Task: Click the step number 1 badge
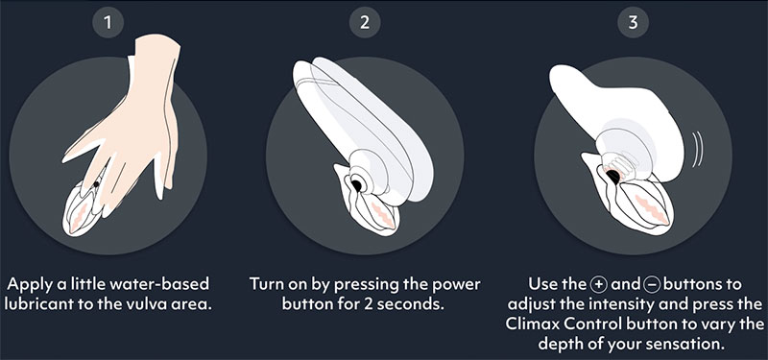[x=108, y=22]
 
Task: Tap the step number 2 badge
[x=365, y=22]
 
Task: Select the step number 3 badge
[x=633, y=22]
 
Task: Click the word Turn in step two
[x=268, y=284]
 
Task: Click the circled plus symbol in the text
[x=599, y=284]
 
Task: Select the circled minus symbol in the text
[x=654, y=284]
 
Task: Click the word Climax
[x=529, y=324]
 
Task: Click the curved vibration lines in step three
[x=697, y=149]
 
